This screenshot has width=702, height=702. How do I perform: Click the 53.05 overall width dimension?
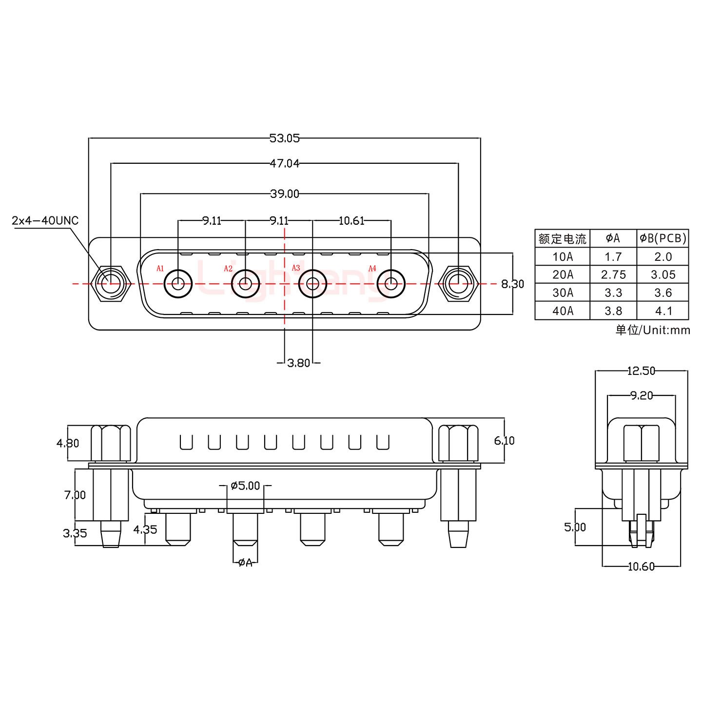(x=284, y=138)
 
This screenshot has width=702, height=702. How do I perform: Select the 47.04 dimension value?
(x=284, y=164)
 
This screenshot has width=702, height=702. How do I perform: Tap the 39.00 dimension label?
(x=284, y=194)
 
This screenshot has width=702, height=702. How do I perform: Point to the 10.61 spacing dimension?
(x=351, y=221)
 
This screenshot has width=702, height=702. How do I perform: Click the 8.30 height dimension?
(x=512, y=284)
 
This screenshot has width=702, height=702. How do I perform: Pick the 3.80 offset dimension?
(x=298, y=363)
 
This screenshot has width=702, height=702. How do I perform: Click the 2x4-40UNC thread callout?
(x=45, y=221)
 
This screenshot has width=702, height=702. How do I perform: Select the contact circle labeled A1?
(x=178, y=283)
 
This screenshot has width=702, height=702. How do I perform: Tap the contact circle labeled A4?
(x=391, y=283)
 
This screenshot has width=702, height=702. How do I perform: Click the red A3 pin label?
(x=295, y=268)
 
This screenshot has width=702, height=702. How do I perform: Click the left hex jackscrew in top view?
(x=112, y=283)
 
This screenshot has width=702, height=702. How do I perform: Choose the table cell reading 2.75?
(x=613, y=275)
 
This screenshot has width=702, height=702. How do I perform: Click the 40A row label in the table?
(x=563, y=311)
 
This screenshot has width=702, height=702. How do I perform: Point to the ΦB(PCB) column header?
(x=663, y=238)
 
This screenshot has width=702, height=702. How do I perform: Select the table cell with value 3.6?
(x=663, y=293)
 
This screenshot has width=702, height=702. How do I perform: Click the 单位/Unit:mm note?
(x=652, y=331)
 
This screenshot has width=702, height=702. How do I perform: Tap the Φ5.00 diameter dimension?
(x=245, y=486)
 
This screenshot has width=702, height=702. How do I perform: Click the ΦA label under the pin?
(x=245, y=563)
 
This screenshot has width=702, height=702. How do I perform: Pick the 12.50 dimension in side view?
(x=641, y=371)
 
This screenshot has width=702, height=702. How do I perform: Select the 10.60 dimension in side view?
(x=641, y=566)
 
